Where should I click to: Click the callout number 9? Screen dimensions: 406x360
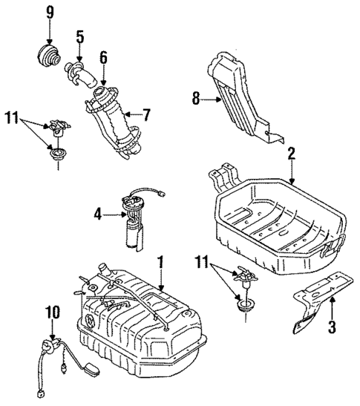tap(50, 13)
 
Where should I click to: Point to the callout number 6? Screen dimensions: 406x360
tap(103, 56)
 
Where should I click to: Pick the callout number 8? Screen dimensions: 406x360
tap(196, 97)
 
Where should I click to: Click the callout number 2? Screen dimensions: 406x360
tap(292, 155)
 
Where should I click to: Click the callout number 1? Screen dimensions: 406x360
tap(160, 261)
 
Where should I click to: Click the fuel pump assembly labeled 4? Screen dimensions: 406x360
tap(135, 219)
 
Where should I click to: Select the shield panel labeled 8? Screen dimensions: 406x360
tap(240, 93)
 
